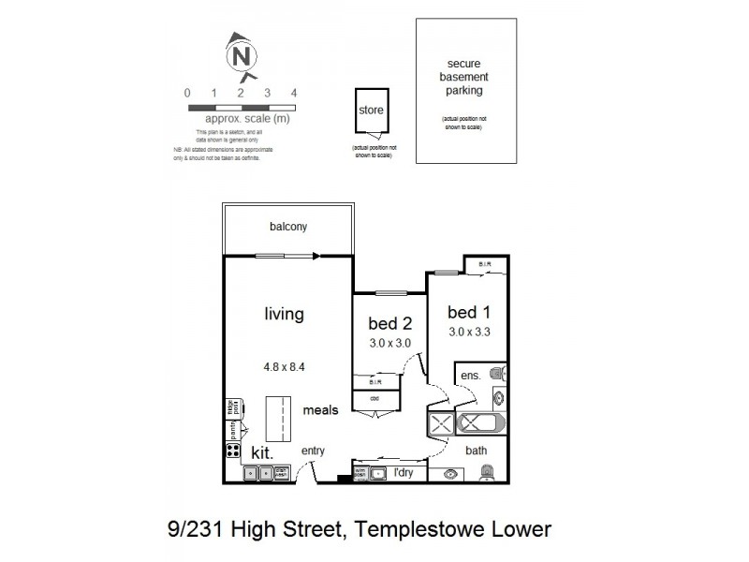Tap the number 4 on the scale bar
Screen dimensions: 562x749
pyautogui.click(x=294, y=93)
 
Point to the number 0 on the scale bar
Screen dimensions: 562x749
pyautogui.click(x=188, y=93)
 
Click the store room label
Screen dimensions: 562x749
pyautogui.click(x=371, y=111)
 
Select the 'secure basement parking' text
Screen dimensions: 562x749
pyautogui.click(x=463, y=79)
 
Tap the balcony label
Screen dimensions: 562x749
pyautogui.click(x=288, y=227)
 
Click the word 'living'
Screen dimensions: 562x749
pyautogui.click(x=284, y=314)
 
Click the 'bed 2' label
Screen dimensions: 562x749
pyautogui.click(x=390, y=324)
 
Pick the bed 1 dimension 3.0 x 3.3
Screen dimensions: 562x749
pyautogui.click(x=469, y=332)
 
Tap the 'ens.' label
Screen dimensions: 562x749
pyautogui.click(x=470, y=377)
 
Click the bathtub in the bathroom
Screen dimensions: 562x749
pyautogui.click(x=480, y=423)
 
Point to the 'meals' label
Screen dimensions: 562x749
pyautogui.click(x=319, y=410)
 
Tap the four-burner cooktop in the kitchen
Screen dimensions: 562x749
pyautogui.click(x=232, y=451)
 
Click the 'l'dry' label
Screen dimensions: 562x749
pyautogui.click(x=404, y=472)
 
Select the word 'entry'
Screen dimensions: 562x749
pyautogui.click(x=313, y=451)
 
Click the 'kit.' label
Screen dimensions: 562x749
pyautogui.click(x=262, y=452)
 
